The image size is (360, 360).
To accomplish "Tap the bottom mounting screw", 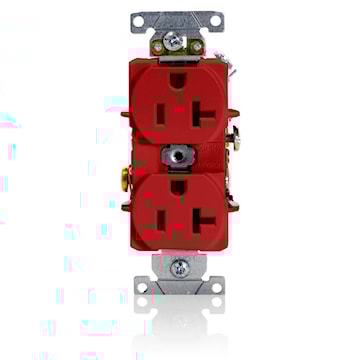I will pyautogui.click(x=181, y=267).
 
